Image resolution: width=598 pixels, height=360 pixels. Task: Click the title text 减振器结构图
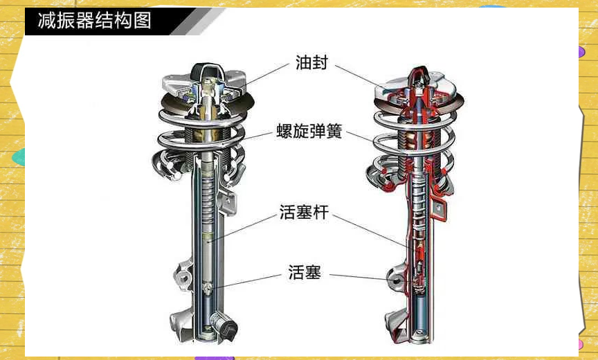[x=94, y=20]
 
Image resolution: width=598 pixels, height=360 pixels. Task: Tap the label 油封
[x=311, y=62]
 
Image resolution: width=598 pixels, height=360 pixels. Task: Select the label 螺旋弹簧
[x=309, y=131]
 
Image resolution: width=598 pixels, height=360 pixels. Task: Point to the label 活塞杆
[x=304, y=212]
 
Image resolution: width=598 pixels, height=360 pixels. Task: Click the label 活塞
[x=305, y=272]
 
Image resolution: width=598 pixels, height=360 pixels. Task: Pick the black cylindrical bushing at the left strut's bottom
[x=224, y=325]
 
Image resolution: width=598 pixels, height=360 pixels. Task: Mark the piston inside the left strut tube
[x=208, y=287]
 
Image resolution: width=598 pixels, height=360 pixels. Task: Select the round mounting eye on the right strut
[x=397, y=280]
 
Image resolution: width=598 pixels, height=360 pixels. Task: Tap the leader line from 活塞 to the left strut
[x=247, y=280]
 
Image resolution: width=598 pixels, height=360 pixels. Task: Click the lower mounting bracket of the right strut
[x=395, y=326]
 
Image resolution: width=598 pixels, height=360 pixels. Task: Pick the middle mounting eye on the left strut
[x=183, y=276]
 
